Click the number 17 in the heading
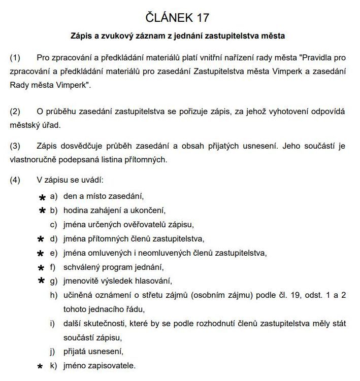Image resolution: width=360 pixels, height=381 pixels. pyautogui.click(x=200, y=18)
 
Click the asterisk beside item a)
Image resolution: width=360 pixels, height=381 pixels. pyautogui.click(x=42, y=197)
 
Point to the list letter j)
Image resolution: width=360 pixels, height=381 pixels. pyautogui.click(x=52, y=351)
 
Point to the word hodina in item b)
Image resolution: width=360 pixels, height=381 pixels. pyautogui.click(x=76, y=210)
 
